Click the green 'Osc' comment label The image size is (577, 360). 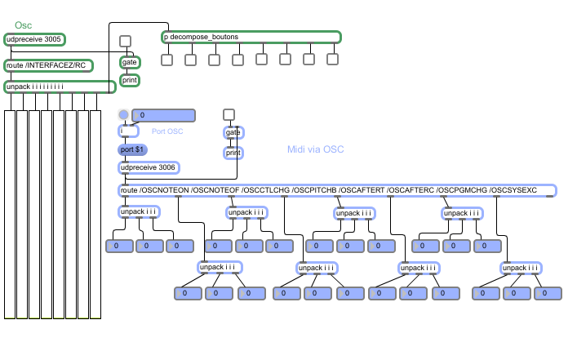[x=23, y=26]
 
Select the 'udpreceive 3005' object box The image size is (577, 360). [x=34, y=39]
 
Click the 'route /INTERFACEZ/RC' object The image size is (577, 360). [x=49, y=65]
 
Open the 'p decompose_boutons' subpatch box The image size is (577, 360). [x=251, y=37]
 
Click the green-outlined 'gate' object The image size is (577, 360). [x=130, y=62]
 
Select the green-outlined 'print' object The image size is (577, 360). [x=130, y=80]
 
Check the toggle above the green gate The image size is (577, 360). [x=125, y=41]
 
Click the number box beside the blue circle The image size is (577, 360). [x=163, y=115]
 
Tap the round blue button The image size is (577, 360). [x=123, y=115]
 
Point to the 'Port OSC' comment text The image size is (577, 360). [x=167, y=131]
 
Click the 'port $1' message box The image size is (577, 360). [x=132, y=149]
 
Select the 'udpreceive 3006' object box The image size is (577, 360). [x=149, y=167]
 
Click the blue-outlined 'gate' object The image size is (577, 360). [x=233, y=132]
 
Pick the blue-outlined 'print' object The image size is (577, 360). [x=233, y=152]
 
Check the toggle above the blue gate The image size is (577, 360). [x=229, y=114]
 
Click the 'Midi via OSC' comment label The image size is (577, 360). [x=316, y=149]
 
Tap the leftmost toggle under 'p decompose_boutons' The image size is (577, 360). [x=166, y=59]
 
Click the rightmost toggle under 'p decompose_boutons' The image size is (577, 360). [x=332, y=59]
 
